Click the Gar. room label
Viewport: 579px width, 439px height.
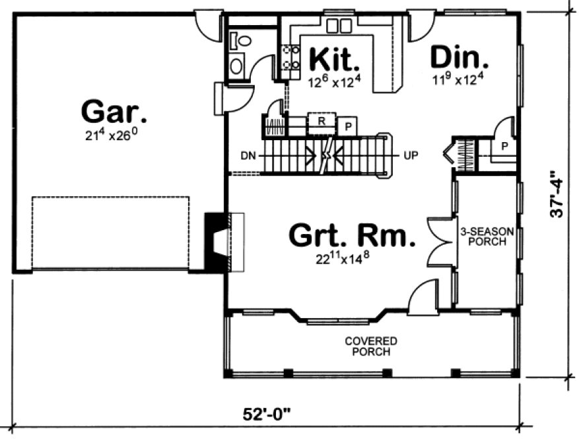(x=114, y=111)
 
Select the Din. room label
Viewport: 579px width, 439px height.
(x=460, y=58)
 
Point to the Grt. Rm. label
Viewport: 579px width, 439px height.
(x=353, y=234)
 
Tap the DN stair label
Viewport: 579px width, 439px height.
(x=248, y=157)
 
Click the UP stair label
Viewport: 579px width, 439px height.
(x=409, y=157)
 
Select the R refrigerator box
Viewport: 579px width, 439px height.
(x=322, y=121)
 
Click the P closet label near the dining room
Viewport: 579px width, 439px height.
(x=504, y=147)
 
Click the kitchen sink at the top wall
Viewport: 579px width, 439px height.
(x=339, y=26)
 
